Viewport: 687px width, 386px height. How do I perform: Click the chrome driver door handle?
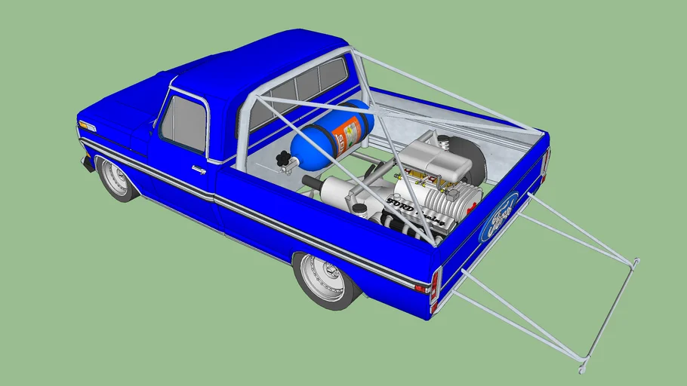click(x=199, y=170)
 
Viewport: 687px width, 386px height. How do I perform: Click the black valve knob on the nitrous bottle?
click(x=285, y=160)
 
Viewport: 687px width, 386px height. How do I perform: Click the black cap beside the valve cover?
click(x=360, y=209)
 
